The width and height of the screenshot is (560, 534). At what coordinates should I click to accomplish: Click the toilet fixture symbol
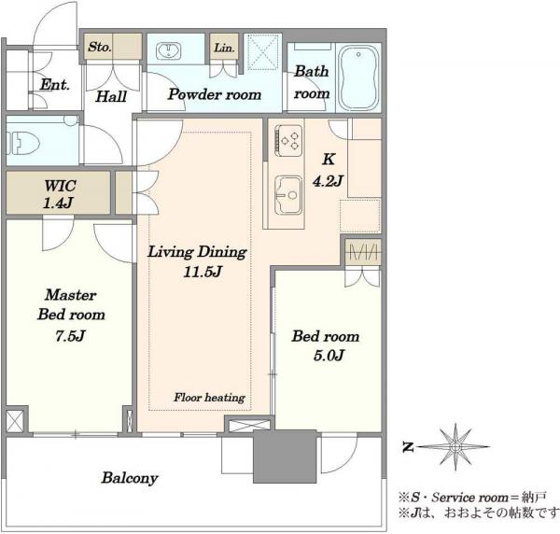click(22, 143)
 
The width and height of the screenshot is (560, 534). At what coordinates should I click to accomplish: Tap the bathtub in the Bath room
click(358, 77)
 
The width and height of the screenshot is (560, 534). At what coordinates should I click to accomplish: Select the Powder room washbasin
click(169, 50)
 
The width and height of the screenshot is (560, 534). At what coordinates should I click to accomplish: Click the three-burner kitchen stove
click(288, 140)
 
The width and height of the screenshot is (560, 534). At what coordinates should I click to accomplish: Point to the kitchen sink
click(288, 195)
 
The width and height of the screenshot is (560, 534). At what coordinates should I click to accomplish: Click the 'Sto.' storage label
click(100, 47)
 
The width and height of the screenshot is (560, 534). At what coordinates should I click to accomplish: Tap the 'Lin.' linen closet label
click(224, 48)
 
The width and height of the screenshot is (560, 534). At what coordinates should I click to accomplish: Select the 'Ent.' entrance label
click(55, 85)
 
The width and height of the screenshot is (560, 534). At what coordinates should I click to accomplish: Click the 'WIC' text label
click(60, 186)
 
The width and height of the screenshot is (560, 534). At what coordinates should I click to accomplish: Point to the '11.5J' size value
click(203, 272)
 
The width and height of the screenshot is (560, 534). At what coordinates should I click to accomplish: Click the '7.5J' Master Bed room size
click(70, 336)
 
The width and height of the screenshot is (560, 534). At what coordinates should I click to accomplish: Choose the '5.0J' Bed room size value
click(329, 356)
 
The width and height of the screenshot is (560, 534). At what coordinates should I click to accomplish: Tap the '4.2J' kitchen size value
click(328, 181)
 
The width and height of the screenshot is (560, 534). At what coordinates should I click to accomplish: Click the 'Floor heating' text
click(210, 398)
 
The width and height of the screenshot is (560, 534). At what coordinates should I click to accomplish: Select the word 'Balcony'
click(130, 478)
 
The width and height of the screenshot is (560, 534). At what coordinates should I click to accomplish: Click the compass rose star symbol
click(455, 446)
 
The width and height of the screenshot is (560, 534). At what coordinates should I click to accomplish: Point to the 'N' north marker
click(408, 447)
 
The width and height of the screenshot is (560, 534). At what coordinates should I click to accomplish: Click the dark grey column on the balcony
click(285, 457)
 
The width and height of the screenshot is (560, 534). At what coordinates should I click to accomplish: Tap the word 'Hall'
click(111, 96)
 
